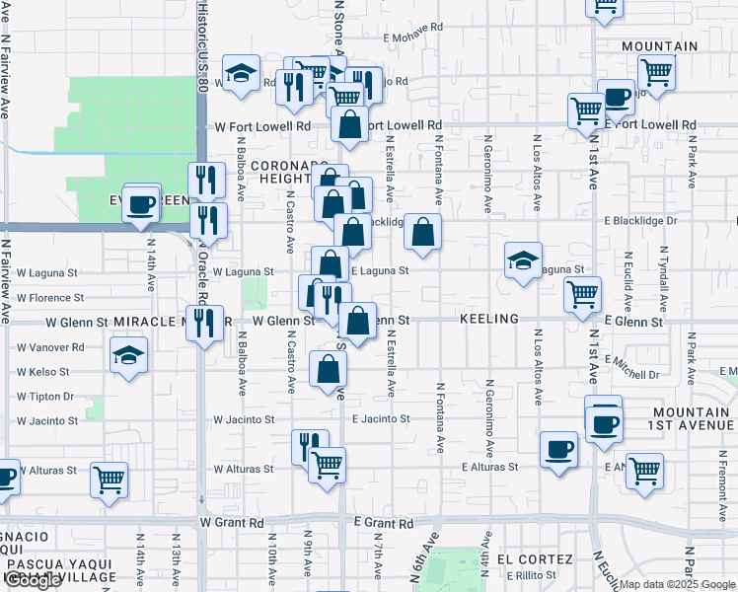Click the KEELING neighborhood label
click(489, 320)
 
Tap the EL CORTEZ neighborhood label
click(535, 558)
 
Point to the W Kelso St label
click(43, 373)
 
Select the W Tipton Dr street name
click(45, 397)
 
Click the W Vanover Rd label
click(49, 348)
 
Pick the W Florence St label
click(49, 297)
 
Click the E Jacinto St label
click(380, 419)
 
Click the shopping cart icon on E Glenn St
click(583, 293)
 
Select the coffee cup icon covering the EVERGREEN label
click(142, 203)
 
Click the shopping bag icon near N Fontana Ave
click(422, 232)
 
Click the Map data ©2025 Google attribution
click(677, 584)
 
